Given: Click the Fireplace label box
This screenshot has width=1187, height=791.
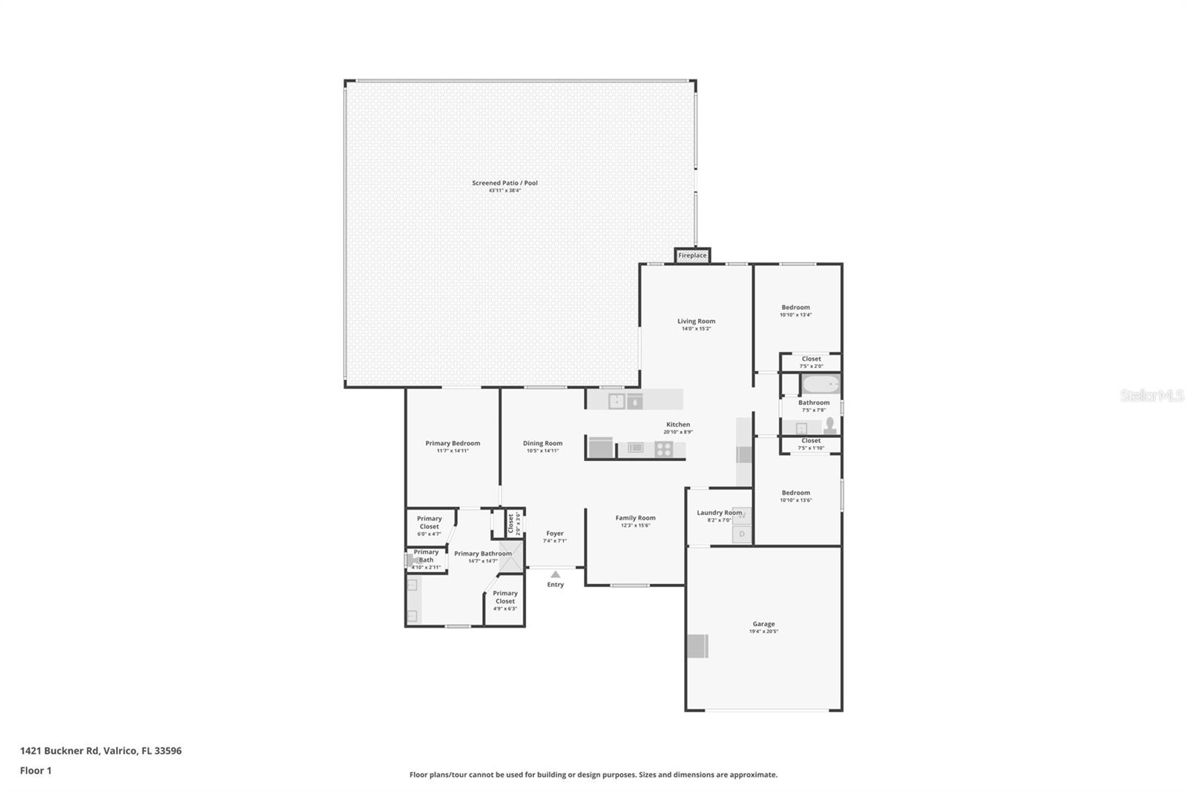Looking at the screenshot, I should click(x=692, y=255).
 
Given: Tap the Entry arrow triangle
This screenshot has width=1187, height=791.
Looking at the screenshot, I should click(x=555, y=574).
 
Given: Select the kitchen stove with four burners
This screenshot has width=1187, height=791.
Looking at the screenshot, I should click(x=663, y=448).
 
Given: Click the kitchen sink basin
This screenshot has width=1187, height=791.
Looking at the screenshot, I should click(x=616, y=401).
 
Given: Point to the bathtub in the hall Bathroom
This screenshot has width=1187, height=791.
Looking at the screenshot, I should click(x=821, y=385).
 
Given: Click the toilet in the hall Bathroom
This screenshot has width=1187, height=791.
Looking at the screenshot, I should click(x=830, y=425).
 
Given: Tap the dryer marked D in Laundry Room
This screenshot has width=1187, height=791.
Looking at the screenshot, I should click(x=742, y=534).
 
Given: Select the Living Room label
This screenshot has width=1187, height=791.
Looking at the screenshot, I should click(x=696, y=321).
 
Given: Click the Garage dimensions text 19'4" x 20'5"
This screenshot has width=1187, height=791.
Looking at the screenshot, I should click(x=764, y=632).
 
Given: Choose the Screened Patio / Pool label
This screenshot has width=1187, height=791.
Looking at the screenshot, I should click(x=504, y=183).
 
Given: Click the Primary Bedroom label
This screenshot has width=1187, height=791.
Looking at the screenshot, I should click(x=453, y=443).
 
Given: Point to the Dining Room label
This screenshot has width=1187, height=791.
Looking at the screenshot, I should click(x=542, y=443).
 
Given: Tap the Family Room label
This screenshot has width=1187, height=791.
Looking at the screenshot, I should click(x=635, y=518).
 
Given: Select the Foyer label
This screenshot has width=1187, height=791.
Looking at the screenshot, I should click(x=554, y=533).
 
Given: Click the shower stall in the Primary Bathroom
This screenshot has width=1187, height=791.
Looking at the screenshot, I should click(x=510, y=557).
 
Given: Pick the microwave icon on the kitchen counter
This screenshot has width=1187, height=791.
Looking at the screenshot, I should click(x=635, y=447).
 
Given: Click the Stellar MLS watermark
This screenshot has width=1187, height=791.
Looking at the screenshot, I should click(x=1151, y=395).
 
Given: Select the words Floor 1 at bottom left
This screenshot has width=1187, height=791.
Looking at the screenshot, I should click(x=36, y=770).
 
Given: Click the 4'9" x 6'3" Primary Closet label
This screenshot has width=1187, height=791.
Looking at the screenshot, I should click(x=504, y=608).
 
